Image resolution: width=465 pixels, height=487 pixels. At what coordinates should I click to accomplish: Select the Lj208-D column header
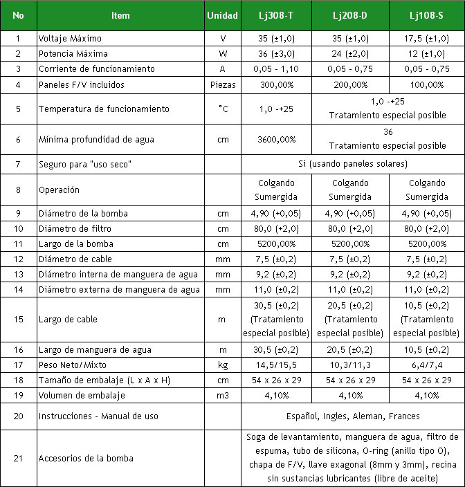click(x=351, y=15)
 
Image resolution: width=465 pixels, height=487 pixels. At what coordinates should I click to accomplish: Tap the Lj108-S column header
click(x=427, y=15)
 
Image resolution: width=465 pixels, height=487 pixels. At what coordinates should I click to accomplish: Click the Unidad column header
click(x=223, y=15)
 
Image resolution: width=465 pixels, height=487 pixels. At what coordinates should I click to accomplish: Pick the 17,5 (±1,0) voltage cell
click(x=427, y=39)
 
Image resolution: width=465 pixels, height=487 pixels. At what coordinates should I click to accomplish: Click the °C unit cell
click(x=223, y=109)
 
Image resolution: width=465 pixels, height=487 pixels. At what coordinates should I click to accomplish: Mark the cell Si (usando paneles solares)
click(x=353, y=165)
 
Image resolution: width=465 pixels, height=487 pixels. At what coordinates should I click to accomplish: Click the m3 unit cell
click(x=223, y=396)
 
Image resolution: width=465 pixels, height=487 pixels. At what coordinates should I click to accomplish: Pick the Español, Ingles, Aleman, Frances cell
click(x=353, y=416)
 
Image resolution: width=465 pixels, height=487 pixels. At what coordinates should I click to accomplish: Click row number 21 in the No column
click(x=18, y=458)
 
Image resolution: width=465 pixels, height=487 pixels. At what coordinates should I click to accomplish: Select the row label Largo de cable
click(x=69, y=320)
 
